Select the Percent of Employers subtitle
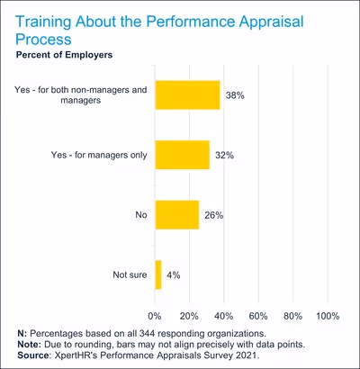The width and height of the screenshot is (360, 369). point(68,56)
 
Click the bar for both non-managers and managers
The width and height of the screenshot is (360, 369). point(187,94)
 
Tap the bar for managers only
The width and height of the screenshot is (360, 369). point(182,155)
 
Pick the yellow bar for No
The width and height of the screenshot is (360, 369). point(176,214)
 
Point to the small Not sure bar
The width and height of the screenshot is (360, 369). point(158,274)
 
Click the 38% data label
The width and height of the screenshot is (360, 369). point(236,94)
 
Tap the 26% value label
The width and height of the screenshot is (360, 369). point(215,214)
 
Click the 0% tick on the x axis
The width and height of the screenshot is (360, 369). point(155,316)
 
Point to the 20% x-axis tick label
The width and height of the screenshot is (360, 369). point(189,316)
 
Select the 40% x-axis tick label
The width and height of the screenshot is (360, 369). point(224,316)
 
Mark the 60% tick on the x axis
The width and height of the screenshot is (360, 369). point(258,316)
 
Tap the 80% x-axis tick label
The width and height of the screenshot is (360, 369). point(292,316)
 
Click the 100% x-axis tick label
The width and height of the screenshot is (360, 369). point(327,316)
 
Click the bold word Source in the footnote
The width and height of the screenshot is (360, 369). point(36,355)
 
